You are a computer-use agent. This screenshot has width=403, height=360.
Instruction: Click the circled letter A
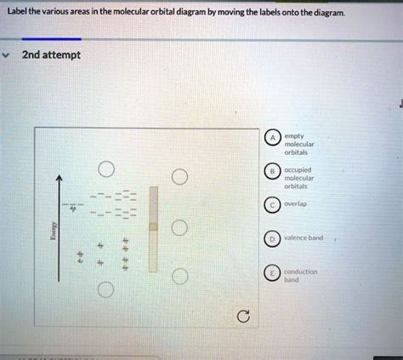pyautogui.click(x=272, y=140)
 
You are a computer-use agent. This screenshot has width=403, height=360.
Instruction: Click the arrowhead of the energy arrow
pyautogui.click(x=60, y=178)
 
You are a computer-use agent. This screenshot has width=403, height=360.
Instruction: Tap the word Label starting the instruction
pyautogui.click(x=16, y=10)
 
